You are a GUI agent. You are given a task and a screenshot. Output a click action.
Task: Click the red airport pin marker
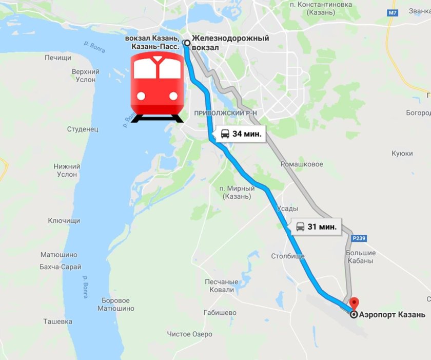[x=354, y=303]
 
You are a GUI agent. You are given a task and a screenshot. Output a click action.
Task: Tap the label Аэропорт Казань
[x=393, y=315]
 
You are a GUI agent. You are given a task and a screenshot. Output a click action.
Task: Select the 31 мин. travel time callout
[x=316, y=226]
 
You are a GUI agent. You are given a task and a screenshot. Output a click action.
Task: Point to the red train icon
[x=158, y=87]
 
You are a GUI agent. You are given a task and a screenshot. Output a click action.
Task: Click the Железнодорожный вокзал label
[x=230, y=43]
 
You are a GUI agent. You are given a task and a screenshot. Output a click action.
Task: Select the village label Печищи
[x=57, y=58]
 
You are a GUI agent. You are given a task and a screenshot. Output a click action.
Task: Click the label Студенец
[x=83, y=129]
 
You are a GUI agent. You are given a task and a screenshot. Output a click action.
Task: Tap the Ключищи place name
[x=64, y=221]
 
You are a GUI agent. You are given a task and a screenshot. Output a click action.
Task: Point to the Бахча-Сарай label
[x=60, y=267]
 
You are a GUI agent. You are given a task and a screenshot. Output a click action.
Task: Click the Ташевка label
[x=57, y=321]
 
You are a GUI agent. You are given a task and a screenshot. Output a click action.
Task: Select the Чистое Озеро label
[x=190, y=334]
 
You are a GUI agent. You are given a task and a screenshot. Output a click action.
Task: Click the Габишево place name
[x=220, y=313]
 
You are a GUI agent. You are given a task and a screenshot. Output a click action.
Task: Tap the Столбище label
[x=288, y=256]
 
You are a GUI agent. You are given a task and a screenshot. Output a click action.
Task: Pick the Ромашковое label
[x=302, y=164]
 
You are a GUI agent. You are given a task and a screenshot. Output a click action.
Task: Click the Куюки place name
[x=402, y=154]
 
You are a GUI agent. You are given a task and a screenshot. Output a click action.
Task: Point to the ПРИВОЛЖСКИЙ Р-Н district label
[x=221, y=113]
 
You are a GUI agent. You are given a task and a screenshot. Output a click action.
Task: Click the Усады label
[x=288, y=209]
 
